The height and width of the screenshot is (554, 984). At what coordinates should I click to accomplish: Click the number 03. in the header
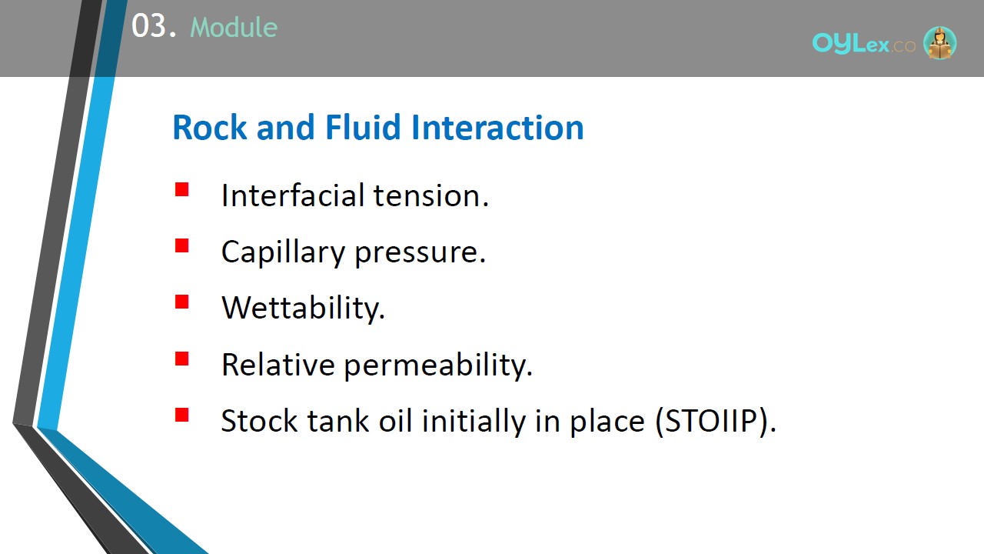coord(154,25)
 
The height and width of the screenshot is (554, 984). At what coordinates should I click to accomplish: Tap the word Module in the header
coord(234,27)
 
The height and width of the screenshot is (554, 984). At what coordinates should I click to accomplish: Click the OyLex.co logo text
coord(863,44)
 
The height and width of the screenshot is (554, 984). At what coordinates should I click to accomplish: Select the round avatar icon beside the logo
coord(939,42)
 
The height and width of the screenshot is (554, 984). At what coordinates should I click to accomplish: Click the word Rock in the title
coord(210,128)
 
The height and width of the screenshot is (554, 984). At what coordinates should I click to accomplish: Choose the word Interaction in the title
coord(497,128)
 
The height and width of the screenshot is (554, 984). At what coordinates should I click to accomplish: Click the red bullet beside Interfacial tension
coord(182,189)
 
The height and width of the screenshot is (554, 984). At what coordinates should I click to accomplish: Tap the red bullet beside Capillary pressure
coord(182,245)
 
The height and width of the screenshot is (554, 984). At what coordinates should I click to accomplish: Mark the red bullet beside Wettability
coord(182,302)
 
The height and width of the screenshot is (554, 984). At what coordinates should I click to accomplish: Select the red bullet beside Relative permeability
coord(182,359)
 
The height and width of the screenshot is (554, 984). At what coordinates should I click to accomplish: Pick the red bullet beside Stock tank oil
coord(182,415)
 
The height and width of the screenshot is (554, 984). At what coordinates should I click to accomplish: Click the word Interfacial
coord(293,195)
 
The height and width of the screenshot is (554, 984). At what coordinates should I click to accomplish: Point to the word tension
coord(431,195)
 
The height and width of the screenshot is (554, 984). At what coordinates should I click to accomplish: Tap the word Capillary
coord(284,252)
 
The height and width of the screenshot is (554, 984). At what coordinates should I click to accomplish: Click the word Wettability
coord(303,308)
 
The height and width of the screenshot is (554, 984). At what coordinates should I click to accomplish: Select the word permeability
coord(438,365)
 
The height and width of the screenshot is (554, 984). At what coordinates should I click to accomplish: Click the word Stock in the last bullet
coord(259,421)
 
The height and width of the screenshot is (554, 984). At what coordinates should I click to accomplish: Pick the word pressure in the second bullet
coord(420,253)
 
